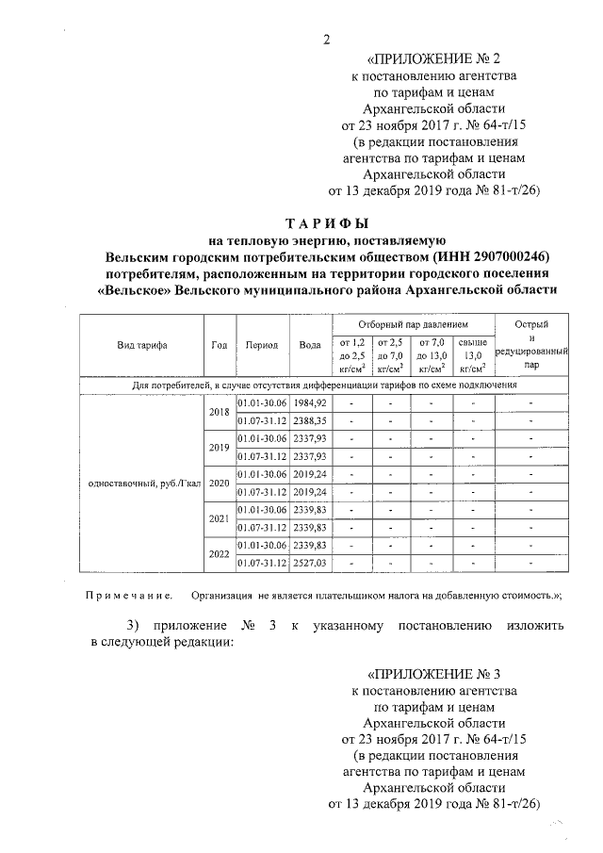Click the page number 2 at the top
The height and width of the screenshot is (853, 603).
pos(326,39)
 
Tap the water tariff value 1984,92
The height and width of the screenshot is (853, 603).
pos(310,402)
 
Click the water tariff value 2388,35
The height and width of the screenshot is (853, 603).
pos(310,420)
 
